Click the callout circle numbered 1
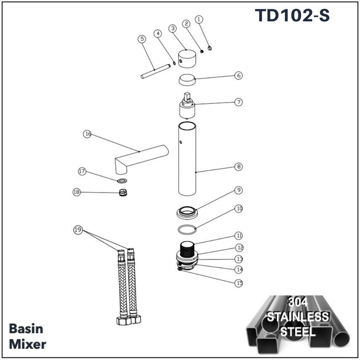pos(199,19)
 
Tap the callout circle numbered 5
pos(142,39)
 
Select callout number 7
pos(238,102)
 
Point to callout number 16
pos(87,134)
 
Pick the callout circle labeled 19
pos(78,229)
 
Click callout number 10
pos(239,208)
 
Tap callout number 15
pos(239,283)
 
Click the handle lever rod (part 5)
pos(155,72)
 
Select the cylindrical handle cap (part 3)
pos(187,58)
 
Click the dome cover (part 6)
pos(187,79)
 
